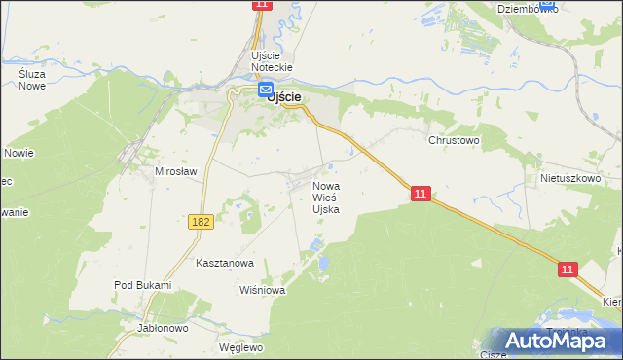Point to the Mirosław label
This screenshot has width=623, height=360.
[176, 171]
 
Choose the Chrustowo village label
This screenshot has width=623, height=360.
[455, 140]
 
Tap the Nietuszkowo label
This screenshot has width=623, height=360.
[568, 180]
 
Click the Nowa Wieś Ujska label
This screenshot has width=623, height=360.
[325, 198]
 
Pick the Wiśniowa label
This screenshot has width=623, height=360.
[260, 290]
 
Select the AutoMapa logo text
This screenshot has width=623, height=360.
[567, 341]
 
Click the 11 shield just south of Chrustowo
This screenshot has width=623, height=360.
[420, 195]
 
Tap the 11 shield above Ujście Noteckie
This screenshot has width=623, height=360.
[260, 5]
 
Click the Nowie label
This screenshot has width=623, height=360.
[18, 153]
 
